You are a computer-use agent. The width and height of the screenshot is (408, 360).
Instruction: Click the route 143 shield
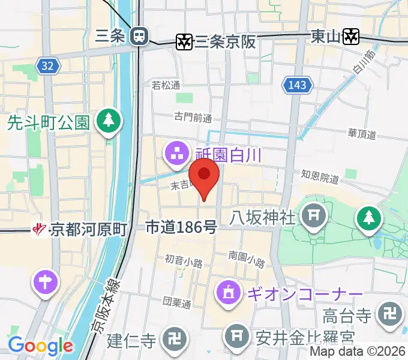point(298,85)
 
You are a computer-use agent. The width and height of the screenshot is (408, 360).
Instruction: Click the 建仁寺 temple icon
point(175,340)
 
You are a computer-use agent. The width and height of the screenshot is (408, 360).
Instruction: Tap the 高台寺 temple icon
point(388,314)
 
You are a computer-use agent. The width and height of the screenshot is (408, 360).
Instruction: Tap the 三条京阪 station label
point(226,41)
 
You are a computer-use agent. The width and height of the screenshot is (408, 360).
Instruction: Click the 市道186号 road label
point(181,227)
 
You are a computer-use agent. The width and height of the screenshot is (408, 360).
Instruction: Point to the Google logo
point(40,346)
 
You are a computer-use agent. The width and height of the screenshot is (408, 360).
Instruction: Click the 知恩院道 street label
point(320,176)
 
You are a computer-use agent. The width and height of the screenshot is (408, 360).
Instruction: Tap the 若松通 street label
point(166,86)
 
